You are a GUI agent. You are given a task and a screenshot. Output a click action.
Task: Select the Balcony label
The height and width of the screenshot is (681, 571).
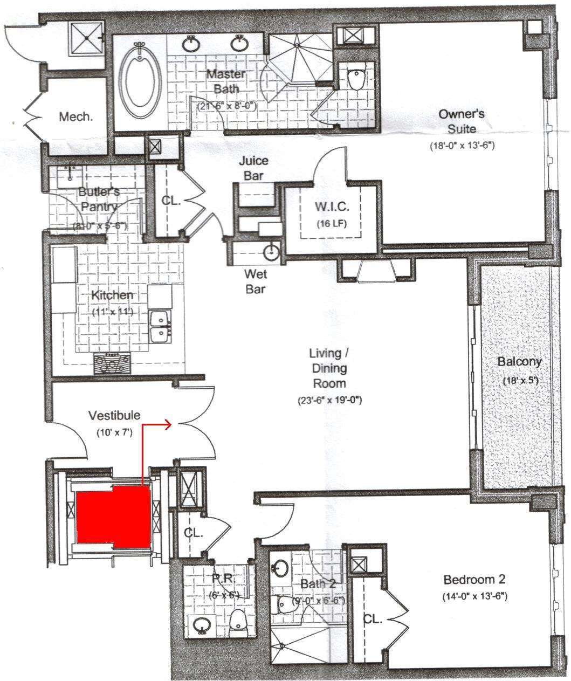tap(519, 362)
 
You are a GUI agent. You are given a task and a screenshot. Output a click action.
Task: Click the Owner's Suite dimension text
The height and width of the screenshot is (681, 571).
tap(462, 146)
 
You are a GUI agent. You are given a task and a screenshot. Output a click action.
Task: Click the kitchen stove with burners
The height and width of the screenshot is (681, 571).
tap(112, 363)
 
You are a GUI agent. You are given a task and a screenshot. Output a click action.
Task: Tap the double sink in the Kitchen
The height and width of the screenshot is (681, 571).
tap(160, 326)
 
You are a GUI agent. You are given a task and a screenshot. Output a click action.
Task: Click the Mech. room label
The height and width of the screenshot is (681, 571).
tap(75, 117)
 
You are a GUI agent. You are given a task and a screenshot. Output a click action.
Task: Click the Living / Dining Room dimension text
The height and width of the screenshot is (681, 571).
tap(328, 401)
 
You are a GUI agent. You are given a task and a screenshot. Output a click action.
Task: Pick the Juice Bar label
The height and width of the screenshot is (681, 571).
tap(254, 168)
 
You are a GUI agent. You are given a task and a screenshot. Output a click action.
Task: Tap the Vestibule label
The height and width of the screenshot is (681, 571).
tap(114, 415)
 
